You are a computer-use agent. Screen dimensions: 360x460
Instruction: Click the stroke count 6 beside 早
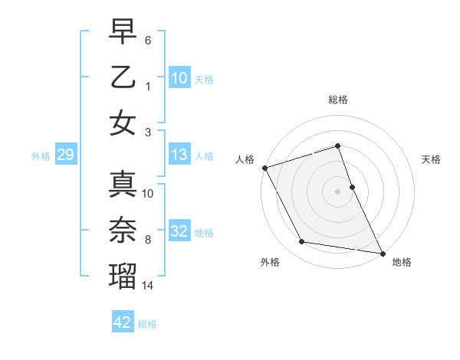(148, 38)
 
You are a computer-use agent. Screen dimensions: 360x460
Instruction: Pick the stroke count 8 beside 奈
(148, 240)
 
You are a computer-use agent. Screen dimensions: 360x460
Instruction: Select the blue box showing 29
(65, 155)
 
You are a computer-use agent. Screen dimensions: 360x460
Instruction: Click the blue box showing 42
(123, 322)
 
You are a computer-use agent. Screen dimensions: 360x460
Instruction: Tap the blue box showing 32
(179, 231)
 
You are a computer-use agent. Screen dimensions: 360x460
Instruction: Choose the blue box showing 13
(179, 155)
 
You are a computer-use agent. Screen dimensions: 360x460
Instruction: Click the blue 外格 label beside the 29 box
(41, 156)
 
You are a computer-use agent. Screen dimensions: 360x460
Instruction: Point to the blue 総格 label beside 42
(147, 324)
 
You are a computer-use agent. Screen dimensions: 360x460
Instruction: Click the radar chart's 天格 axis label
(432, 160)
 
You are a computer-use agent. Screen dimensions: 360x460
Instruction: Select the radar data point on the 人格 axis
(264, 167)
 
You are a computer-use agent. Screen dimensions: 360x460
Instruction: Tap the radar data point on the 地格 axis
(382, 252)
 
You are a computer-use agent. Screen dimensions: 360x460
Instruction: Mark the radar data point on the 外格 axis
(302, 242)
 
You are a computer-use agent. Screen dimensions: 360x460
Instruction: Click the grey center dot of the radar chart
(337, 191)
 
